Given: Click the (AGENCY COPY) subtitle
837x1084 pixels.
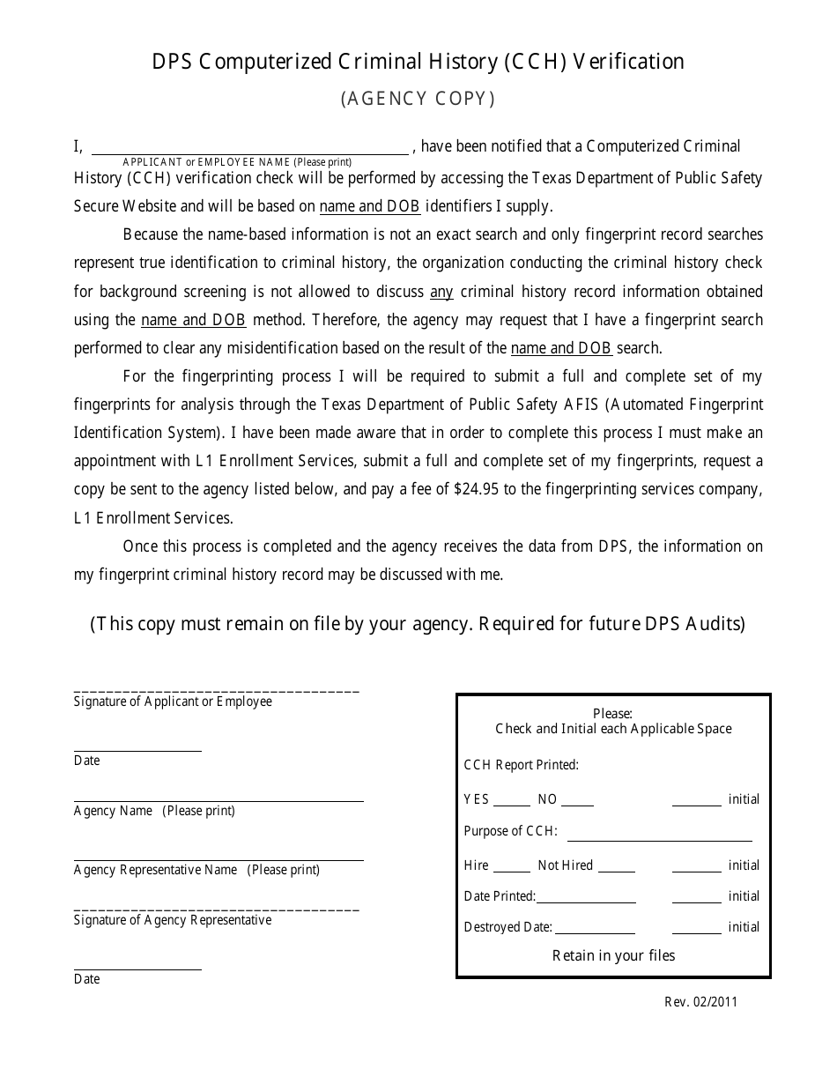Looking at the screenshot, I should tap(418, 99).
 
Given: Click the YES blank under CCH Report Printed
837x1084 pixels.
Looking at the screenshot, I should tap(511, 800).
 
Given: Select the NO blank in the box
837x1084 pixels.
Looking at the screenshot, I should tap(577, 800).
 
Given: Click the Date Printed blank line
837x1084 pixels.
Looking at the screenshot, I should tap(586, 898).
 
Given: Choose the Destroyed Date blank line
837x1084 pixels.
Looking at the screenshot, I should tap(595, 929).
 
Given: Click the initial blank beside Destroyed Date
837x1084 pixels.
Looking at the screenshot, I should tap(696, 929).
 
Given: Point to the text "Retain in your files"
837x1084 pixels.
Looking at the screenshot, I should tap(613, 955).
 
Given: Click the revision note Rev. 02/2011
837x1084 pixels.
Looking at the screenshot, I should tap(701, 1001).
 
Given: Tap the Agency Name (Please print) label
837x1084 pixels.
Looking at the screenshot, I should tap(154, 811).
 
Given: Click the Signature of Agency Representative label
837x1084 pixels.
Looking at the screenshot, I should tap(173, 920).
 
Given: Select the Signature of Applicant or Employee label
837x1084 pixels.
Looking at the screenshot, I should tap(173, 702).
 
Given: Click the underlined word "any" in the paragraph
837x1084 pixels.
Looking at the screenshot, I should tap(441, 292).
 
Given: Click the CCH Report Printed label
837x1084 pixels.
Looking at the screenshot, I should tap(521, 765).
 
